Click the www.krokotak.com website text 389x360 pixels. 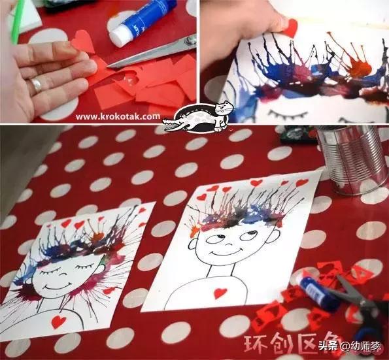[117, 116]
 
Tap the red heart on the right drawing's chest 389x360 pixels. [220, 292]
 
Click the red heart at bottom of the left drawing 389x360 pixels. [59, 321]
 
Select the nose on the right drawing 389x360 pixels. [229, 239]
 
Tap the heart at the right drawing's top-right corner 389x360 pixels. [301, 182]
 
